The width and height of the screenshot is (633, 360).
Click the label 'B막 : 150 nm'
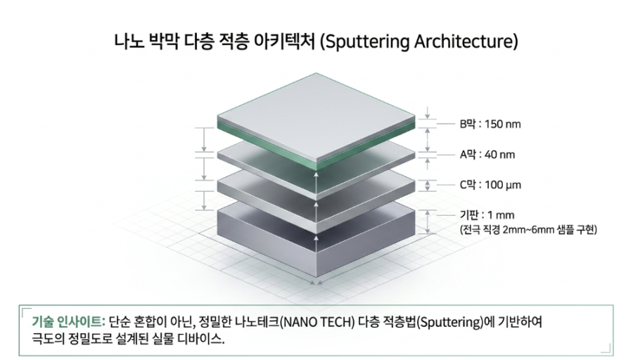point(490,124)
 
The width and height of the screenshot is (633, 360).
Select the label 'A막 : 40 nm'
point(487,155)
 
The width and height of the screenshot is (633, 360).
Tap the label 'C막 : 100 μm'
point(490,185)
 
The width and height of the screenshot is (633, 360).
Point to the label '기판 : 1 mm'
point(487,215)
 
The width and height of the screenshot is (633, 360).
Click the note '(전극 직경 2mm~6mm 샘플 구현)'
point(528,230)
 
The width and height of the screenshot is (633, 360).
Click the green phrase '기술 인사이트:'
point(69,322)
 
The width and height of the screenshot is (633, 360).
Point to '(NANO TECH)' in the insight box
point(317,322)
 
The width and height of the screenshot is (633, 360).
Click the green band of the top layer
point(316,146)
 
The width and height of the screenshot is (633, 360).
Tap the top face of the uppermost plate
point(316,117)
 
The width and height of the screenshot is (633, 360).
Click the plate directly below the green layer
point(316,165)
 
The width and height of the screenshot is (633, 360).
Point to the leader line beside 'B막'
point(446,124)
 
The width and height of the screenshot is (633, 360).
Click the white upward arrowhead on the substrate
point(316,238)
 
